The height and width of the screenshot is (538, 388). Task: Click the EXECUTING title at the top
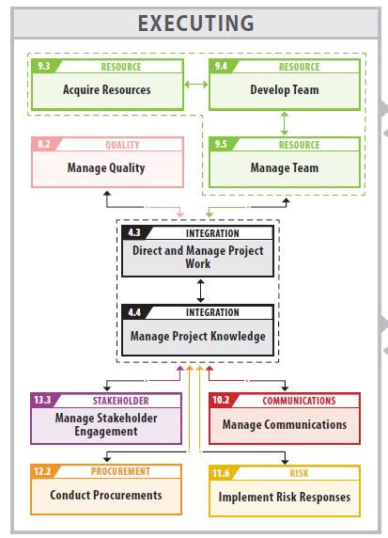point(195,24)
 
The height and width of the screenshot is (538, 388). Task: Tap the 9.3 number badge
point(42,67)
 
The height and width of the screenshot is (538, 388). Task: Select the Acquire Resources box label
point(106,90)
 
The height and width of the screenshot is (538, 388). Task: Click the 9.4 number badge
point(220,67)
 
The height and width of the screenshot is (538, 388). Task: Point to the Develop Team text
point(284,90)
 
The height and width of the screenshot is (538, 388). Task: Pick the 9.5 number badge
point(220,145)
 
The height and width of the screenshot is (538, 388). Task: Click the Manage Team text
point(284,168)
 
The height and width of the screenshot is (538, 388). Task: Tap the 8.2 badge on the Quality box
point(43,145)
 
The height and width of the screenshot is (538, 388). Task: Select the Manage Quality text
point(106,168)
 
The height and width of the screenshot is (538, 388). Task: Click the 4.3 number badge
point(133,232)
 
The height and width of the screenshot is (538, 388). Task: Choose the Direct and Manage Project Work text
point(197,257)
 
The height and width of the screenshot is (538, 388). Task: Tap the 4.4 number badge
point(133,310)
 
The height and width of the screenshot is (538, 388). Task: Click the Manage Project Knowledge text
point(197,336)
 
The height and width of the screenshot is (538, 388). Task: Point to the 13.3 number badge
point(43,400)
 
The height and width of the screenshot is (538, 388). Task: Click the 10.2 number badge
point(222,400)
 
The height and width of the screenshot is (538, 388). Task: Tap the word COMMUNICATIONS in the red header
point(299,400)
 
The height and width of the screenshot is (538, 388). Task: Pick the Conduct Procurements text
point(106,495)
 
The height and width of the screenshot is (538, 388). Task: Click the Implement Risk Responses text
point(284,497)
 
